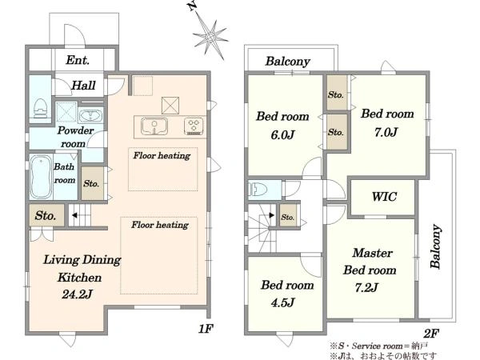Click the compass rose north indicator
pos(209,34)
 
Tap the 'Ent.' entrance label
pos(78,60)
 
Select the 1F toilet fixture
pos(40,108)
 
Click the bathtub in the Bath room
pos(41,177)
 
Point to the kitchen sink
pos(154,126)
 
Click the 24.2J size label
pos(77,294)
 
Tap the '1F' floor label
pos(205,329)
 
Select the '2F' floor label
pos(431,334)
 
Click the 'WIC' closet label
pos(384,197)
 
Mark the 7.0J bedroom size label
pos(386,132)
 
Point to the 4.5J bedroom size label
pos(282,302)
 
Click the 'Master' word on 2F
pos(372,253)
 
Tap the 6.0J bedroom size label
pos(282,134)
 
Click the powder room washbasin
pos(90,116)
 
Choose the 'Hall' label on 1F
pos(83,86)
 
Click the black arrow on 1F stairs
pos(74,215)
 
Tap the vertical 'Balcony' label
pos(436,246)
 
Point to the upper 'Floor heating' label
pos(162,155)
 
